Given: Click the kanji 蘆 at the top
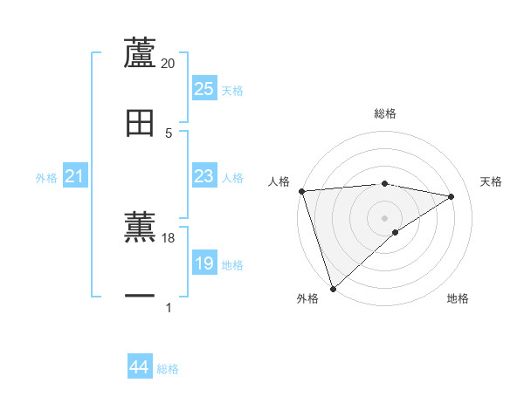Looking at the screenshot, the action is coord(141,53).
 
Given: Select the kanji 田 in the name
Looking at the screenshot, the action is coord(141,123).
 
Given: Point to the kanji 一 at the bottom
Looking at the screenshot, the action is coord(141,297).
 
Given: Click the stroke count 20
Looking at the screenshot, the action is coord(169,64).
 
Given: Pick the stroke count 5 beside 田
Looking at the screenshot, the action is coord(169,133).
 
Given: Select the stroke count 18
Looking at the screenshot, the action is coord(169,237).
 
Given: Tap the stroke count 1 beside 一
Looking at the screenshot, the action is coord(169,307).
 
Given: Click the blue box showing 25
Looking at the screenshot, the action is coord(204,89).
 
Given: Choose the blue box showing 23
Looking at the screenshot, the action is coord(204,176).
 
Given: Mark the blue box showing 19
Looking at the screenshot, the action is coord(204,263).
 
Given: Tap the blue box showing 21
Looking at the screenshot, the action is coord(75,177).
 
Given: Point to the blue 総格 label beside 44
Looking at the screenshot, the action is coord(168,369).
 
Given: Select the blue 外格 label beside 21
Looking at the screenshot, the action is coord(46,178).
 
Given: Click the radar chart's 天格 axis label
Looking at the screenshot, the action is coord(491,181).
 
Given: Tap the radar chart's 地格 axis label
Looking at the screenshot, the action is coord(458,299).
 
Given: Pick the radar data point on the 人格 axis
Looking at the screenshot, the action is coord(301,191).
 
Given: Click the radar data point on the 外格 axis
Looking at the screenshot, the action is coord(333,288).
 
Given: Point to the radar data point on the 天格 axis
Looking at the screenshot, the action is coord(452,196).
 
